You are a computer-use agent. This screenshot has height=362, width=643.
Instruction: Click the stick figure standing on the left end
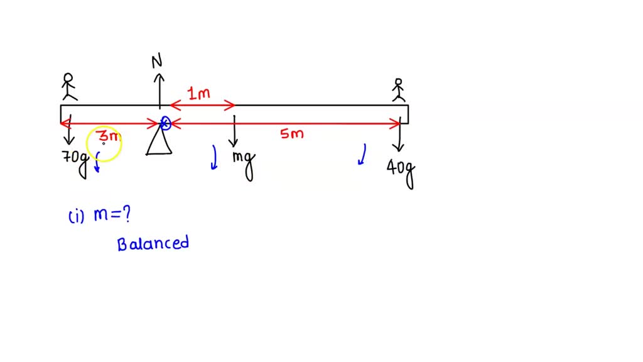[x=68, y=87]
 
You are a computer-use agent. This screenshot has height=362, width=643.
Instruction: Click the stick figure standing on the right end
[x=398, y=90]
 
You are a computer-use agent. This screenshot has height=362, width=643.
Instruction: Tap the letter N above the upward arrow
[x=157, y=60]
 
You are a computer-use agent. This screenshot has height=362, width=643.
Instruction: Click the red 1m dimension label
[x=199, y=94]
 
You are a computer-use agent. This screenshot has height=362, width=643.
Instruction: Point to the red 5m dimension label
[x=292, y=133]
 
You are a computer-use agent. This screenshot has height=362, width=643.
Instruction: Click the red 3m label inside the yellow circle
[x=109, y=136]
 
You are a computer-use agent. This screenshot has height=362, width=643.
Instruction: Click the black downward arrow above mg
[x=234, y=131]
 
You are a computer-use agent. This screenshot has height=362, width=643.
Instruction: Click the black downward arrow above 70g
[x=68, y=130]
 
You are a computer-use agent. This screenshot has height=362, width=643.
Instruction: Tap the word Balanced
[x=153, y=243]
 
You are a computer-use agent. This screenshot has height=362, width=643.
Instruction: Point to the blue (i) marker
[x=76, y=217]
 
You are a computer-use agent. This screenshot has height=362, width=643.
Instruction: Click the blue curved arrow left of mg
[x=214, y=158]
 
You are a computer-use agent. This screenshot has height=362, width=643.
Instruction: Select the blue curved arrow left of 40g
[x=362, y=155]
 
